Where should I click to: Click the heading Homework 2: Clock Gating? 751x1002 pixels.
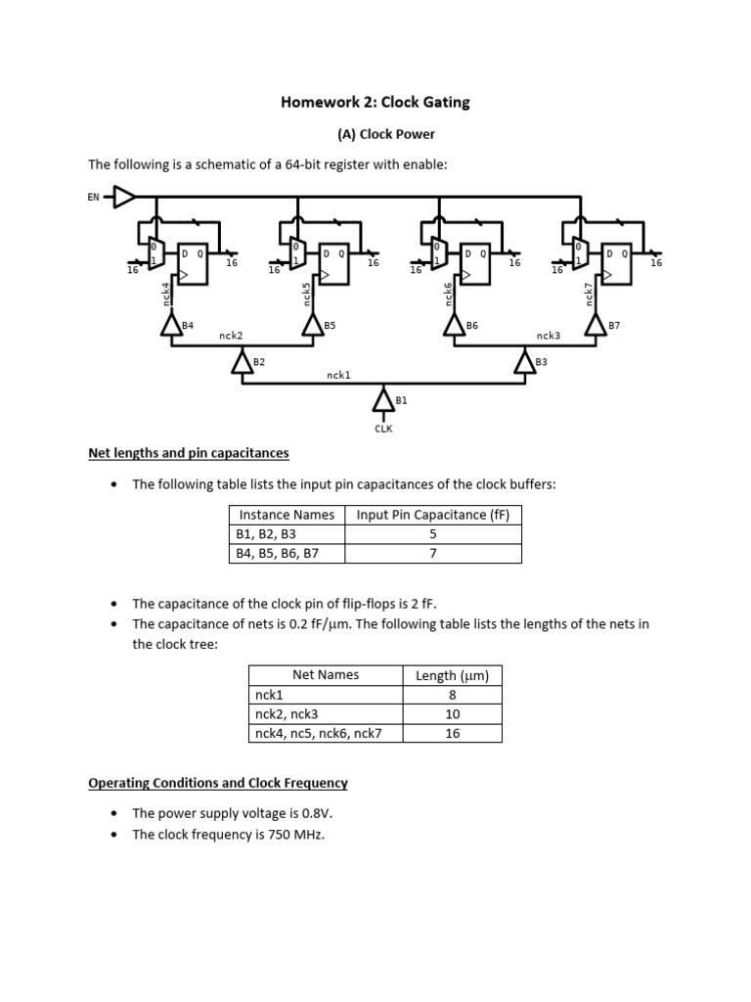pos(375,103)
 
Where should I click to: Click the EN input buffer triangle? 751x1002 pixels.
pos(125,198)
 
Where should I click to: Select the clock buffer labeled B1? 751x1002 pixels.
pos(382,399)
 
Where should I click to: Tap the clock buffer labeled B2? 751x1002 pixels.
pos(242,363)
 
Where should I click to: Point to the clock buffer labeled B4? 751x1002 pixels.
pos(171,326)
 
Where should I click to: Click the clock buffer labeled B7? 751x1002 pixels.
pos(596,326)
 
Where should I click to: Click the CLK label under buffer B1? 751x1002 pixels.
pos(383,429)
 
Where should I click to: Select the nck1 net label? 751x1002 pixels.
pos(338,375)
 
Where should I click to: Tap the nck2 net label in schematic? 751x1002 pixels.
pos(231,336)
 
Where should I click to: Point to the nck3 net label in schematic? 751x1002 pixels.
pos(549,336)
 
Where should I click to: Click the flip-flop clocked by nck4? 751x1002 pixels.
pos(192,263)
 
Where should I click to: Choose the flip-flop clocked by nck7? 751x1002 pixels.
pos(616,263)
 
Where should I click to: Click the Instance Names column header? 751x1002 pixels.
pos(287,515)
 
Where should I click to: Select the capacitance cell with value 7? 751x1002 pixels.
pos(432,553)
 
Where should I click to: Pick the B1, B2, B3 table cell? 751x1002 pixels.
pos(265,534)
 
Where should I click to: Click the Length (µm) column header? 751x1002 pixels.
pos(452,675)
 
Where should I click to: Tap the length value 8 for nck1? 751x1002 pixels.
pos(452,695)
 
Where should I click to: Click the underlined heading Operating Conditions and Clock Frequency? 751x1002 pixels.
pos(218,783)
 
